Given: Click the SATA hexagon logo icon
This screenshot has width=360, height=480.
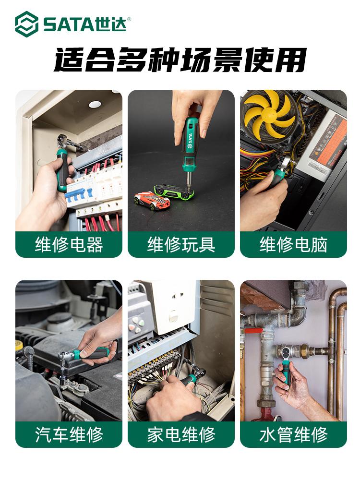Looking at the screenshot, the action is click(x=26, y=24).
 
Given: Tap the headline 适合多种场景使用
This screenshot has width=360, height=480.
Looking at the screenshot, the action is click(x=180, y=60).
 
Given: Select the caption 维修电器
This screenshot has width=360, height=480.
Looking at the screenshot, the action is click(x=69, y=245).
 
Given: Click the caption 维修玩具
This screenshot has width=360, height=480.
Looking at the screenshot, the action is click(x=181, y=245).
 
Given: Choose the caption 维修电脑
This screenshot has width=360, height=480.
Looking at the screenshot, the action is click(x=294, y=245).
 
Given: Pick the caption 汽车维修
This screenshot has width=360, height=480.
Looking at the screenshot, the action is click(x=69, y=434).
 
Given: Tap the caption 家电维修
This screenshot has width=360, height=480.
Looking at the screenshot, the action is click(x=181, y=434).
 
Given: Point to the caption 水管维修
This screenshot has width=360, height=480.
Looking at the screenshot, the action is click(x=294, y=434).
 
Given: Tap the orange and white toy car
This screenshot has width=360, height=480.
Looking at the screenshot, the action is click(x=152, y=201).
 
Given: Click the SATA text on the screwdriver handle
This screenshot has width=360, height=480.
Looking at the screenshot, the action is click(x=190, y=140).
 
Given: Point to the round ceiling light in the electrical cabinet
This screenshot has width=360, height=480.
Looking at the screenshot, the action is click(x=95, y=104).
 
